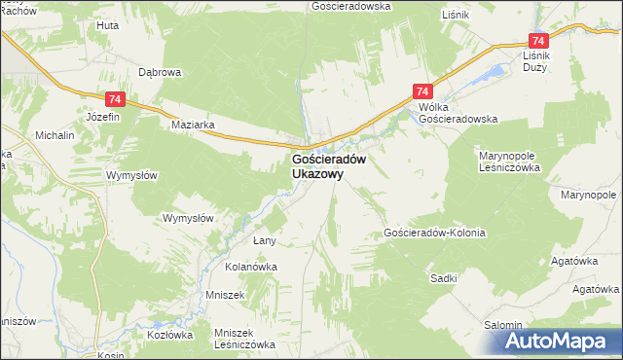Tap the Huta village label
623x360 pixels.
[x=107, y=25]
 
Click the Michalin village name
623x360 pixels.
[x=55, y=136]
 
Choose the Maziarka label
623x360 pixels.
[x=192, y=125]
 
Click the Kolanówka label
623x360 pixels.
[x=252, y=266]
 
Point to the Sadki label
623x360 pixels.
[x=444, y=278]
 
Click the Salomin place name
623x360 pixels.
[x=505, y=325]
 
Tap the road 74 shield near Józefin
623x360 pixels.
[x=115, y=99]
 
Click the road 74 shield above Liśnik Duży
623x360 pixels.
[x=538, y=41]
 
